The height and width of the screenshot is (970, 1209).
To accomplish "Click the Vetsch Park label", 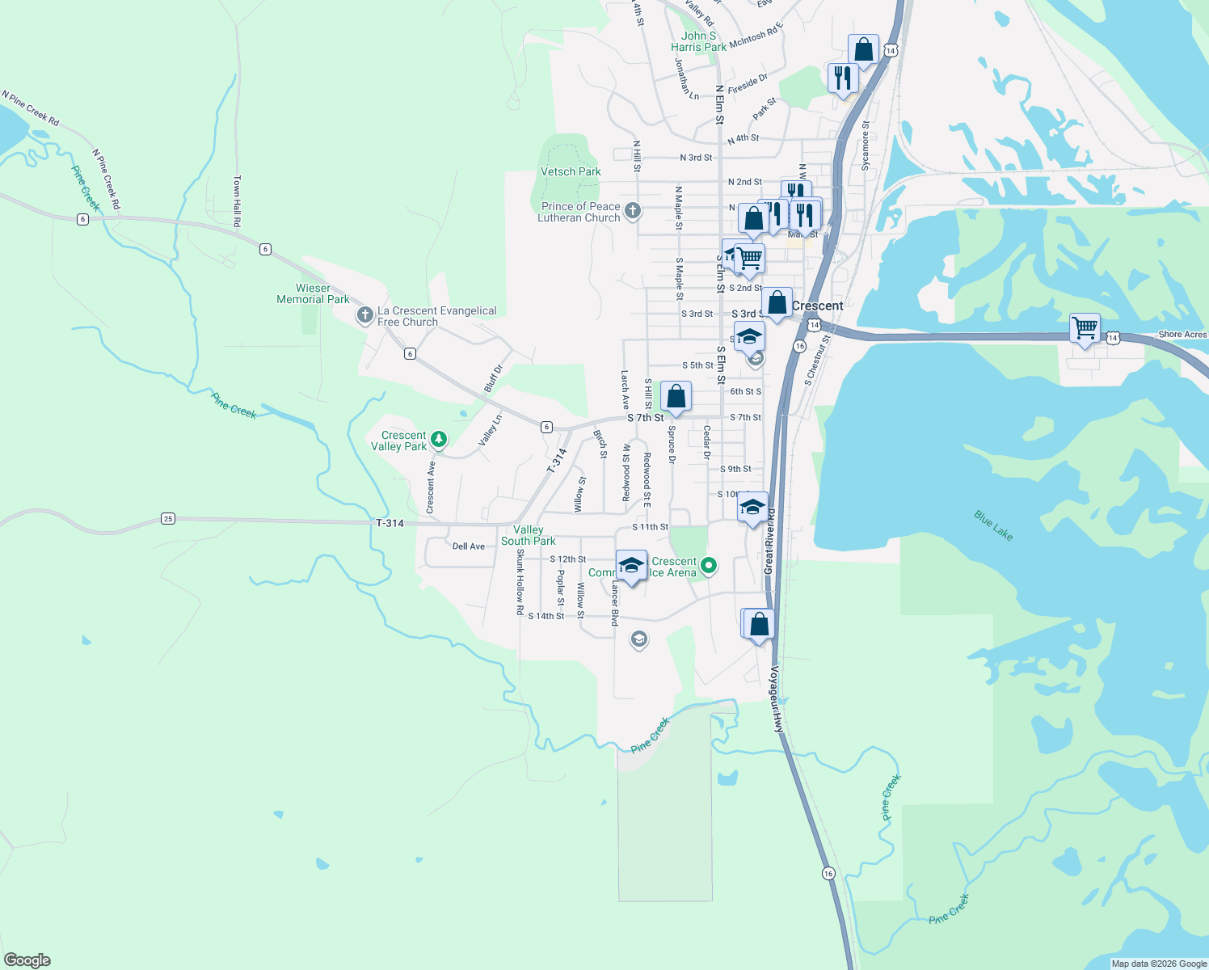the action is click(x=571, y=171).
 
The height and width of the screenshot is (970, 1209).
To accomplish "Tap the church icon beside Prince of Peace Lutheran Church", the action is click(x=633, y=211).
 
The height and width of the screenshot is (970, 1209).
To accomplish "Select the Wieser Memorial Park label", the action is click(x=313, y=293).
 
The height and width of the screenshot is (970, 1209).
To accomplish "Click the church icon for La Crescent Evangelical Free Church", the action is click(x=365, y=314).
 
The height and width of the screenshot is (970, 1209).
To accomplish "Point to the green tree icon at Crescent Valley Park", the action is click(x=439, y=440).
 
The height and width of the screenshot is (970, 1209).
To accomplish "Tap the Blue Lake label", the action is click(x=993, y=525).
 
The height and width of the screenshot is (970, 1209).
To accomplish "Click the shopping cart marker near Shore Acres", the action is click(x=1085, y=329).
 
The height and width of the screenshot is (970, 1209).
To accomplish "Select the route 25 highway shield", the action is click(x=168, y=518).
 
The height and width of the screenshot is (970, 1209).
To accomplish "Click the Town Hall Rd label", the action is click(x=237, y=200).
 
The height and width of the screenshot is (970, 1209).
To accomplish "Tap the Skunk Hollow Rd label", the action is click(x=520, y=582).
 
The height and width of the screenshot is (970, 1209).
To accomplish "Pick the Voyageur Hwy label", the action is click(x=777, y=699).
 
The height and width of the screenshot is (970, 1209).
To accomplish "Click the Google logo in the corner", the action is click(x=27, y=959).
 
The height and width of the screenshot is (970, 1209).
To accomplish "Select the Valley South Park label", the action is click(x=529, y=535).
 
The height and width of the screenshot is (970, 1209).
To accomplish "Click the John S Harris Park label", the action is click(x=698, y=41).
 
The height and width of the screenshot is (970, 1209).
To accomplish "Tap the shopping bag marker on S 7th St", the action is click(x=676, y=397).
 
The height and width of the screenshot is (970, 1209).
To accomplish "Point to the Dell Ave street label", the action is click(x=469, y=546).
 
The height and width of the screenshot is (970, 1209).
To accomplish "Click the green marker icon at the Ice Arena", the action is click(x=709, y=566).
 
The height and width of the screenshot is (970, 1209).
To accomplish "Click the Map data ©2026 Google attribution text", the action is click(x=1158, y=963).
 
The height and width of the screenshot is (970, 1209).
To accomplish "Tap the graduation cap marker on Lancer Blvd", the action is click(x=631, y=566).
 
